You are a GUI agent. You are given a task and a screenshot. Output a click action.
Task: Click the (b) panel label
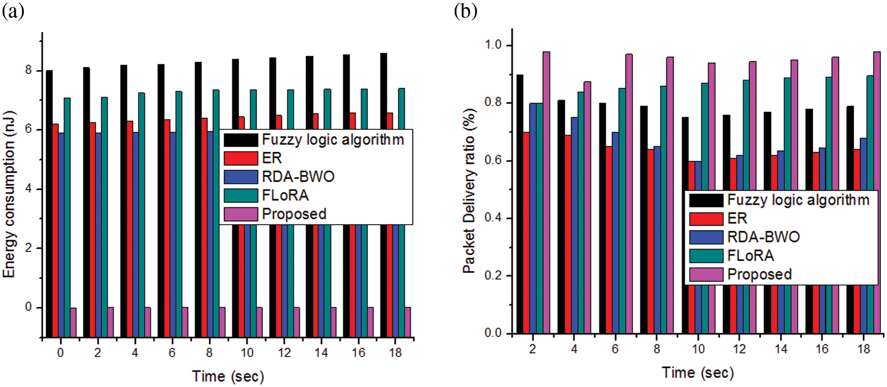[465, 11]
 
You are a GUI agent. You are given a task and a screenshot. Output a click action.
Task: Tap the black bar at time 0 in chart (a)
[49, 203]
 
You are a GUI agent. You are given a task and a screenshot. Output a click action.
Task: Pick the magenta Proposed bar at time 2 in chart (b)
[546, 193]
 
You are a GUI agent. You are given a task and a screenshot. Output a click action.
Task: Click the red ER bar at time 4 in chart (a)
[130, 228]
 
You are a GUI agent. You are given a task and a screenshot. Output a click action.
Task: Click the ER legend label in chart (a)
[272, 158]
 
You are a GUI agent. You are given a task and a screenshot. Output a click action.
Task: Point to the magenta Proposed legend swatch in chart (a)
[241, 214]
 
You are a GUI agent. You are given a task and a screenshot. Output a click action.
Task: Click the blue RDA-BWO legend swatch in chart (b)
[706, 237]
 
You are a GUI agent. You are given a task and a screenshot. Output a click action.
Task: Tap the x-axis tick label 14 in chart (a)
[321, 353]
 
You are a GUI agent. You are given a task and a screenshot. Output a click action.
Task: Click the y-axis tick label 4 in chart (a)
[28, 189]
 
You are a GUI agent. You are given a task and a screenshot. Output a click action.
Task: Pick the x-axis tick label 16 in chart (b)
[822, 349]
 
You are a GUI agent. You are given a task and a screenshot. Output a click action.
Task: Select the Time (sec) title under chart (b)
[697, 373]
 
